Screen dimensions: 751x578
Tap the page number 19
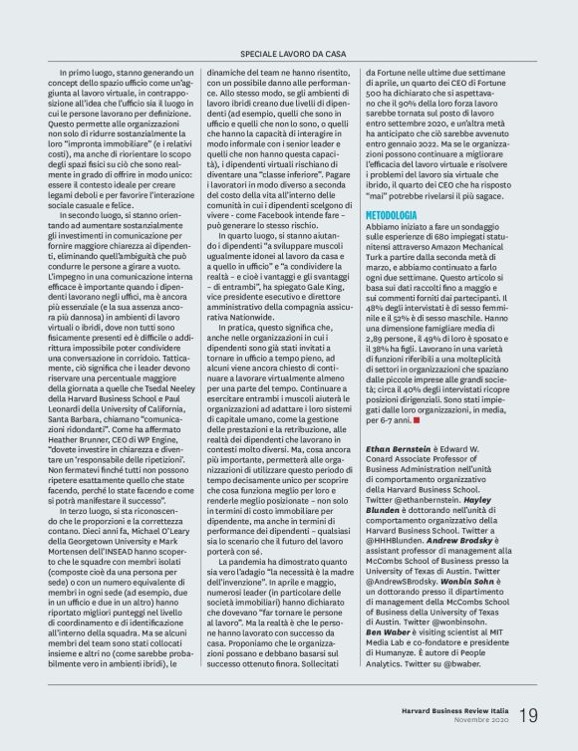point(529,713)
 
